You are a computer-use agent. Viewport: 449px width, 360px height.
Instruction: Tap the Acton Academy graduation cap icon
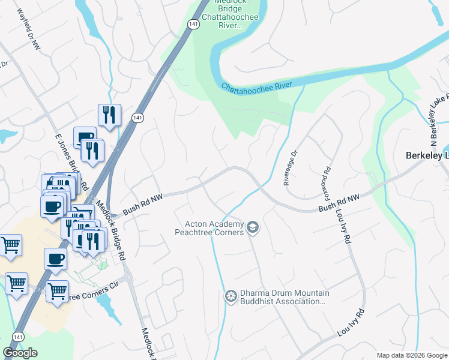(x=253, y=227)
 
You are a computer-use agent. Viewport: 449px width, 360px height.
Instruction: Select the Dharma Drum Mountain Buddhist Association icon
(x=230, y=296)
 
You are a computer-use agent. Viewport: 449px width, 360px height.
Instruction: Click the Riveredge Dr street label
(x=290, y=167)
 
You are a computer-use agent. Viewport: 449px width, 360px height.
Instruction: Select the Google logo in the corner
(x=20, y=353)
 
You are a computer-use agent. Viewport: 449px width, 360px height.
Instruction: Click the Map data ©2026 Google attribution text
(x=411, y=355)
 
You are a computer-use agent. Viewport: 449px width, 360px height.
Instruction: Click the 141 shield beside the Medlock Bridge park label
(x=191, y=23)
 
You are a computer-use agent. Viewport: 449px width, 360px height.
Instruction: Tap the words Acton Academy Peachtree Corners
(x=210, y=228)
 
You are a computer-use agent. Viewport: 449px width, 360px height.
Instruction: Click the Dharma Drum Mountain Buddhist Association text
(x=282, y=297)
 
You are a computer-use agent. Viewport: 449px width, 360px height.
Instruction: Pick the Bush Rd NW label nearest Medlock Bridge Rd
(x=143, y=203)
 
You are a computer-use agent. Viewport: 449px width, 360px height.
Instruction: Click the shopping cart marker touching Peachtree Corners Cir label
(x=57, y=291)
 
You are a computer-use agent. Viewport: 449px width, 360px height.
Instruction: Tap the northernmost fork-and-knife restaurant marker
(x=109, y=115)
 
